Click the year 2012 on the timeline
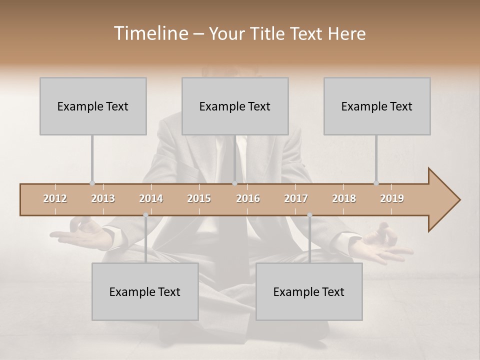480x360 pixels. pyautogui.click(x=55, y=198)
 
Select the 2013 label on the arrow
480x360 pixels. pyautogui.click(x=103, y=198)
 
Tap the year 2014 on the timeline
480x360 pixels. pyautogui.click(x=151, y=198)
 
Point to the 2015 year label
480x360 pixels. pyautogui.click(x=199, y=198)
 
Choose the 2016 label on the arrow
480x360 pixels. pyautogui.click(x=248, y=198)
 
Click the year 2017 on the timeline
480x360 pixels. pyautogui.click(x=296, y=198)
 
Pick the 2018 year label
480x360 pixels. pyautogui.click(x=344, y=198)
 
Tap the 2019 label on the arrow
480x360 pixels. pyautogui.click(x=392, y=198)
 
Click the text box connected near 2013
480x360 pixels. pyautogui.click(x=93, y=106)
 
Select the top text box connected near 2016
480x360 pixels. pyautogui.click(x=235, y=106)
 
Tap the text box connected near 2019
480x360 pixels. pyautogui.click(x=377, y=106)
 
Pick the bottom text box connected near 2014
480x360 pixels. pyautogui.click(x=145, y=291)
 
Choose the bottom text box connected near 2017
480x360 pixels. pyautogui.click(x=309, y=291)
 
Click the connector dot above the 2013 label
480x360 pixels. pyautogui.click(x=92, y=183)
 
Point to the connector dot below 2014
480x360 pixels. pyautogui.click(x=145, y=215)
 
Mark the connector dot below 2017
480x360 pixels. pyautogui.click(x=309, y=215)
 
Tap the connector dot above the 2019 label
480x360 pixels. pyautogui.click(x=376, y=183)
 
